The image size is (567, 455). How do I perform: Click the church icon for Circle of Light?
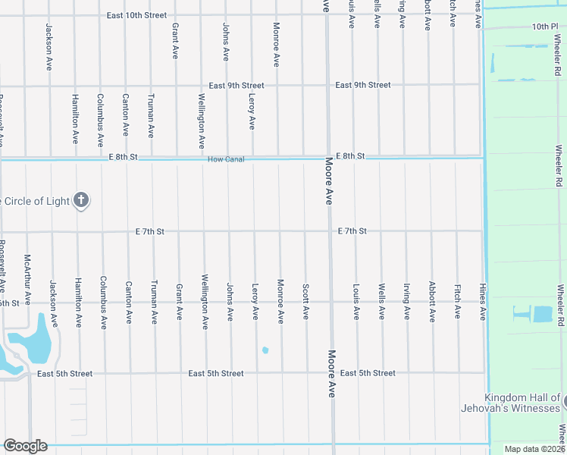[81, 201]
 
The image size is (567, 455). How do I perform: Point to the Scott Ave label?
[305, 301]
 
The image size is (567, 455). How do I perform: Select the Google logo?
[25, 446]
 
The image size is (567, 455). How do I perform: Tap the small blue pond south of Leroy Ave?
[265, 350]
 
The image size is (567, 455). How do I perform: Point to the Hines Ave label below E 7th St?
[482, 303]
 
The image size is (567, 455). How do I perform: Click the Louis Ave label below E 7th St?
[356, 302]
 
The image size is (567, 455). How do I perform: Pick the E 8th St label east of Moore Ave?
[351, 156]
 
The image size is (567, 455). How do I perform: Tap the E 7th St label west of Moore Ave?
[150, 231]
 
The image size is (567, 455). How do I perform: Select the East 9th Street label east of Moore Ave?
[363, 85]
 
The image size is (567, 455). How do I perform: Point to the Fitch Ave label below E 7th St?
[457, 302]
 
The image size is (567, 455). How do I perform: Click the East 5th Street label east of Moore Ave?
[368, 373]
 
